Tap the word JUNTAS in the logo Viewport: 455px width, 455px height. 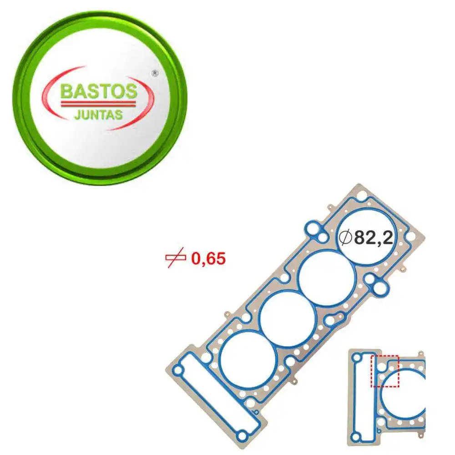(98, 114)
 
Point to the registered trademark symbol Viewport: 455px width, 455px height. (154, 73)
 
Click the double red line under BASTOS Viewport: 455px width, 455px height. (98, 104)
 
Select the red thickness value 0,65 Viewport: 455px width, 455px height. (208, 259)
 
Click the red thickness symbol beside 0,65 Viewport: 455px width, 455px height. (175, 259)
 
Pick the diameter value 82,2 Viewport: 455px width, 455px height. (373, 238)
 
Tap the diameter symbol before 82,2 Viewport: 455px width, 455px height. (346, 237)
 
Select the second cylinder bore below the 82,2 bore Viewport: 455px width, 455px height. (327, 278)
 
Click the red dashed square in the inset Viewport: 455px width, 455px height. (384, 371)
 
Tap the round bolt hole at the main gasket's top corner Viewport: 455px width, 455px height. (362, 196)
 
